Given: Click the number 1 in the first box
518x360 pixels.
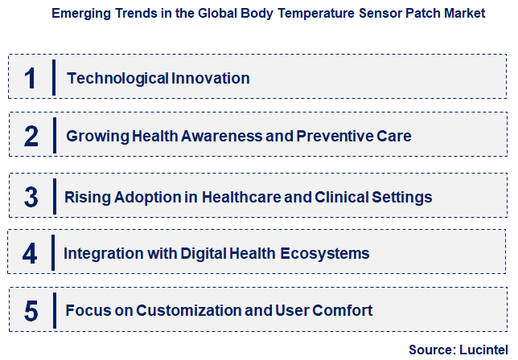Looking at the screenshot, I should (31, 78).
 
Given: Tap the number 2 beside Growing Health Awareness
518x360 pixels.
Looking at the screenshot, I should (31, 136).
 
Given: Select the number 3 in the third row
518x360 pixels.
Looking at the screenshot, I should (31, 196).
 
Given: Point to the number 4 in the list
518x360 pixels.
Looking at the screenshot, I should (31, 253).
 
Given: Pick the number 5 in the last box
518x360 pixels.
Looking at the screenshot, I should (31, 310).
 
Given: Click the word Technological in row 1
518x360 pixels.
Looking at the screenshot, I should (117, 78).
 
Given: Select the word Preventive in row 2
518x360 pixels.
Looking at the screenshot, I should (336, 136).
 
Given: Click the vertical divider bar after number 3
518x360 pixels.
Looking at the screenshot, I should (54, 196).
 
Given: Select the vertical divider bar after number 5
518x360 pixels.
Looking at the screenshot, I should (54, 310).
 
